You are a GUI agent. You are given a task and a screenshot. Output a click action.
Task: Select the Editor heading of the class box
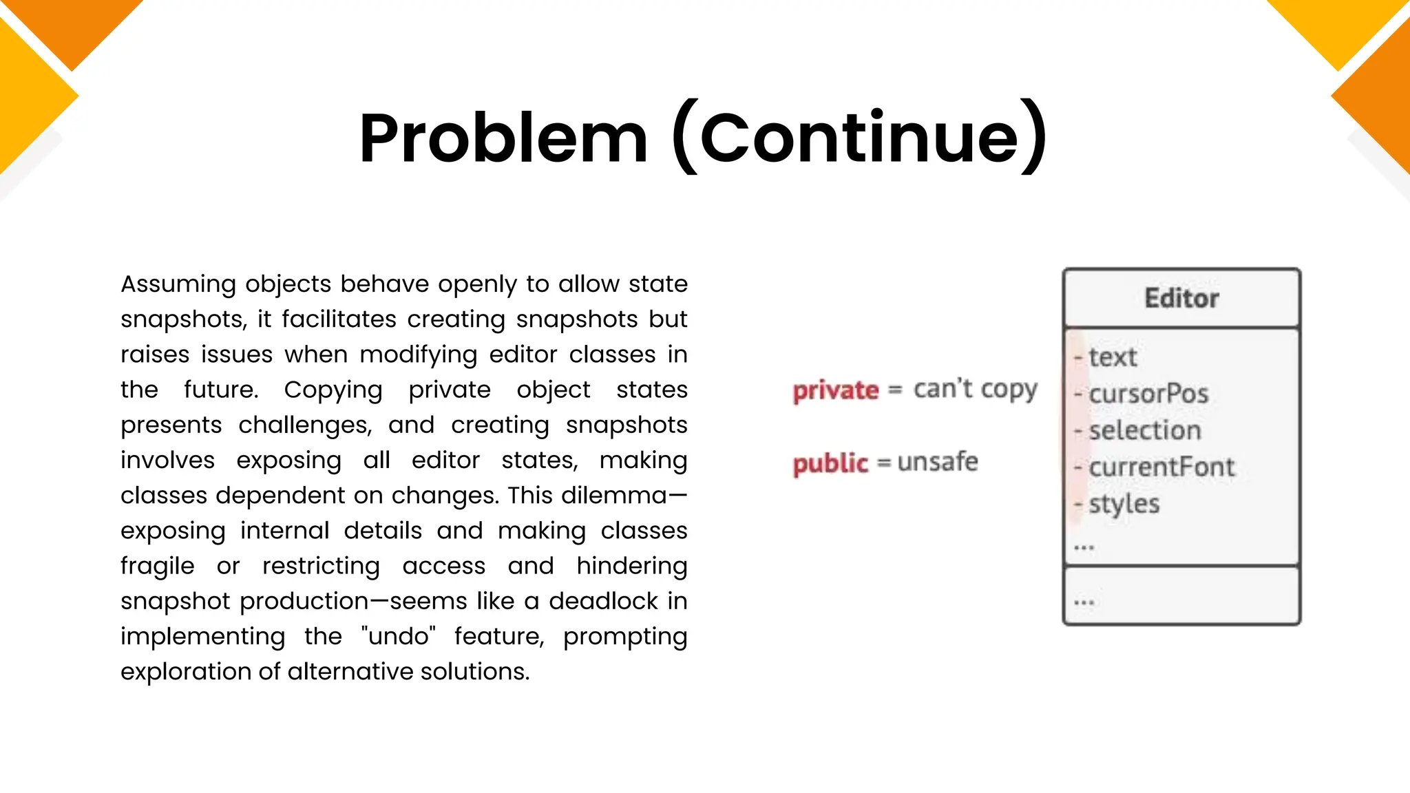1181,298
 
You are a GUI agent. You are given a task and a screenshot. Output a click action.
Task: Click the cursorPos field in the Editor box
1148,394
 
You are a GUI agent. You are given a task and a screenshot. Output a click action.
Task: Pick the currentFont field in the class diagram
1161,467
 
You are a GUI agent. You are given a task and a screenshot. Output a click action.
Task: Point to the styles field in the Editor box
1124,504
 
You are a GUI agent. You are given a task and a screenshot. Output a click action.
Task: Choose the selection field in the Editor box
1145,430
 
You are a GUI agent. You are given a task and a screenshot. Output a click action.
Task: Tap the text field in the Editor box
1113,357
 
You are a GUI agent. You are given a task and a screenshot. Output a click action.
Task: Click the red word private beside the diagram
836,390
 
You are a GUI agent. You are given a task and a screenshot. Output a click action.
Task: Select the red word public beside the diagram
830,463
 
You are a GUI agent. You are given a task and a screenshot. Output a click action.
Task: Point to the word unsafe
938,462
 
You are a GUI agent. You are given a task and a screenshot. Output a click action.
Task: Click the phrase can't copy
975,390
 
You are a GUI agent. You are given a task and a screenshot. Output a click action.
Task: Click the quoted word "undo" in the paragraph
399,636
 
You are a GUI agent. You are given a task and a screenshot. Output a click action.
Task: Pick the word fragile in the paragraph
157,566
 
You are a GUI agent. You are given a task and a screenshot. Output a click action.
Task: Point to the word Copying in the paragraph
333,390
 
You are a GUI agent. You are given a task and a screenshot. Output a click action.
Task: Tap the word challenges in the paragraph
305,425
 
